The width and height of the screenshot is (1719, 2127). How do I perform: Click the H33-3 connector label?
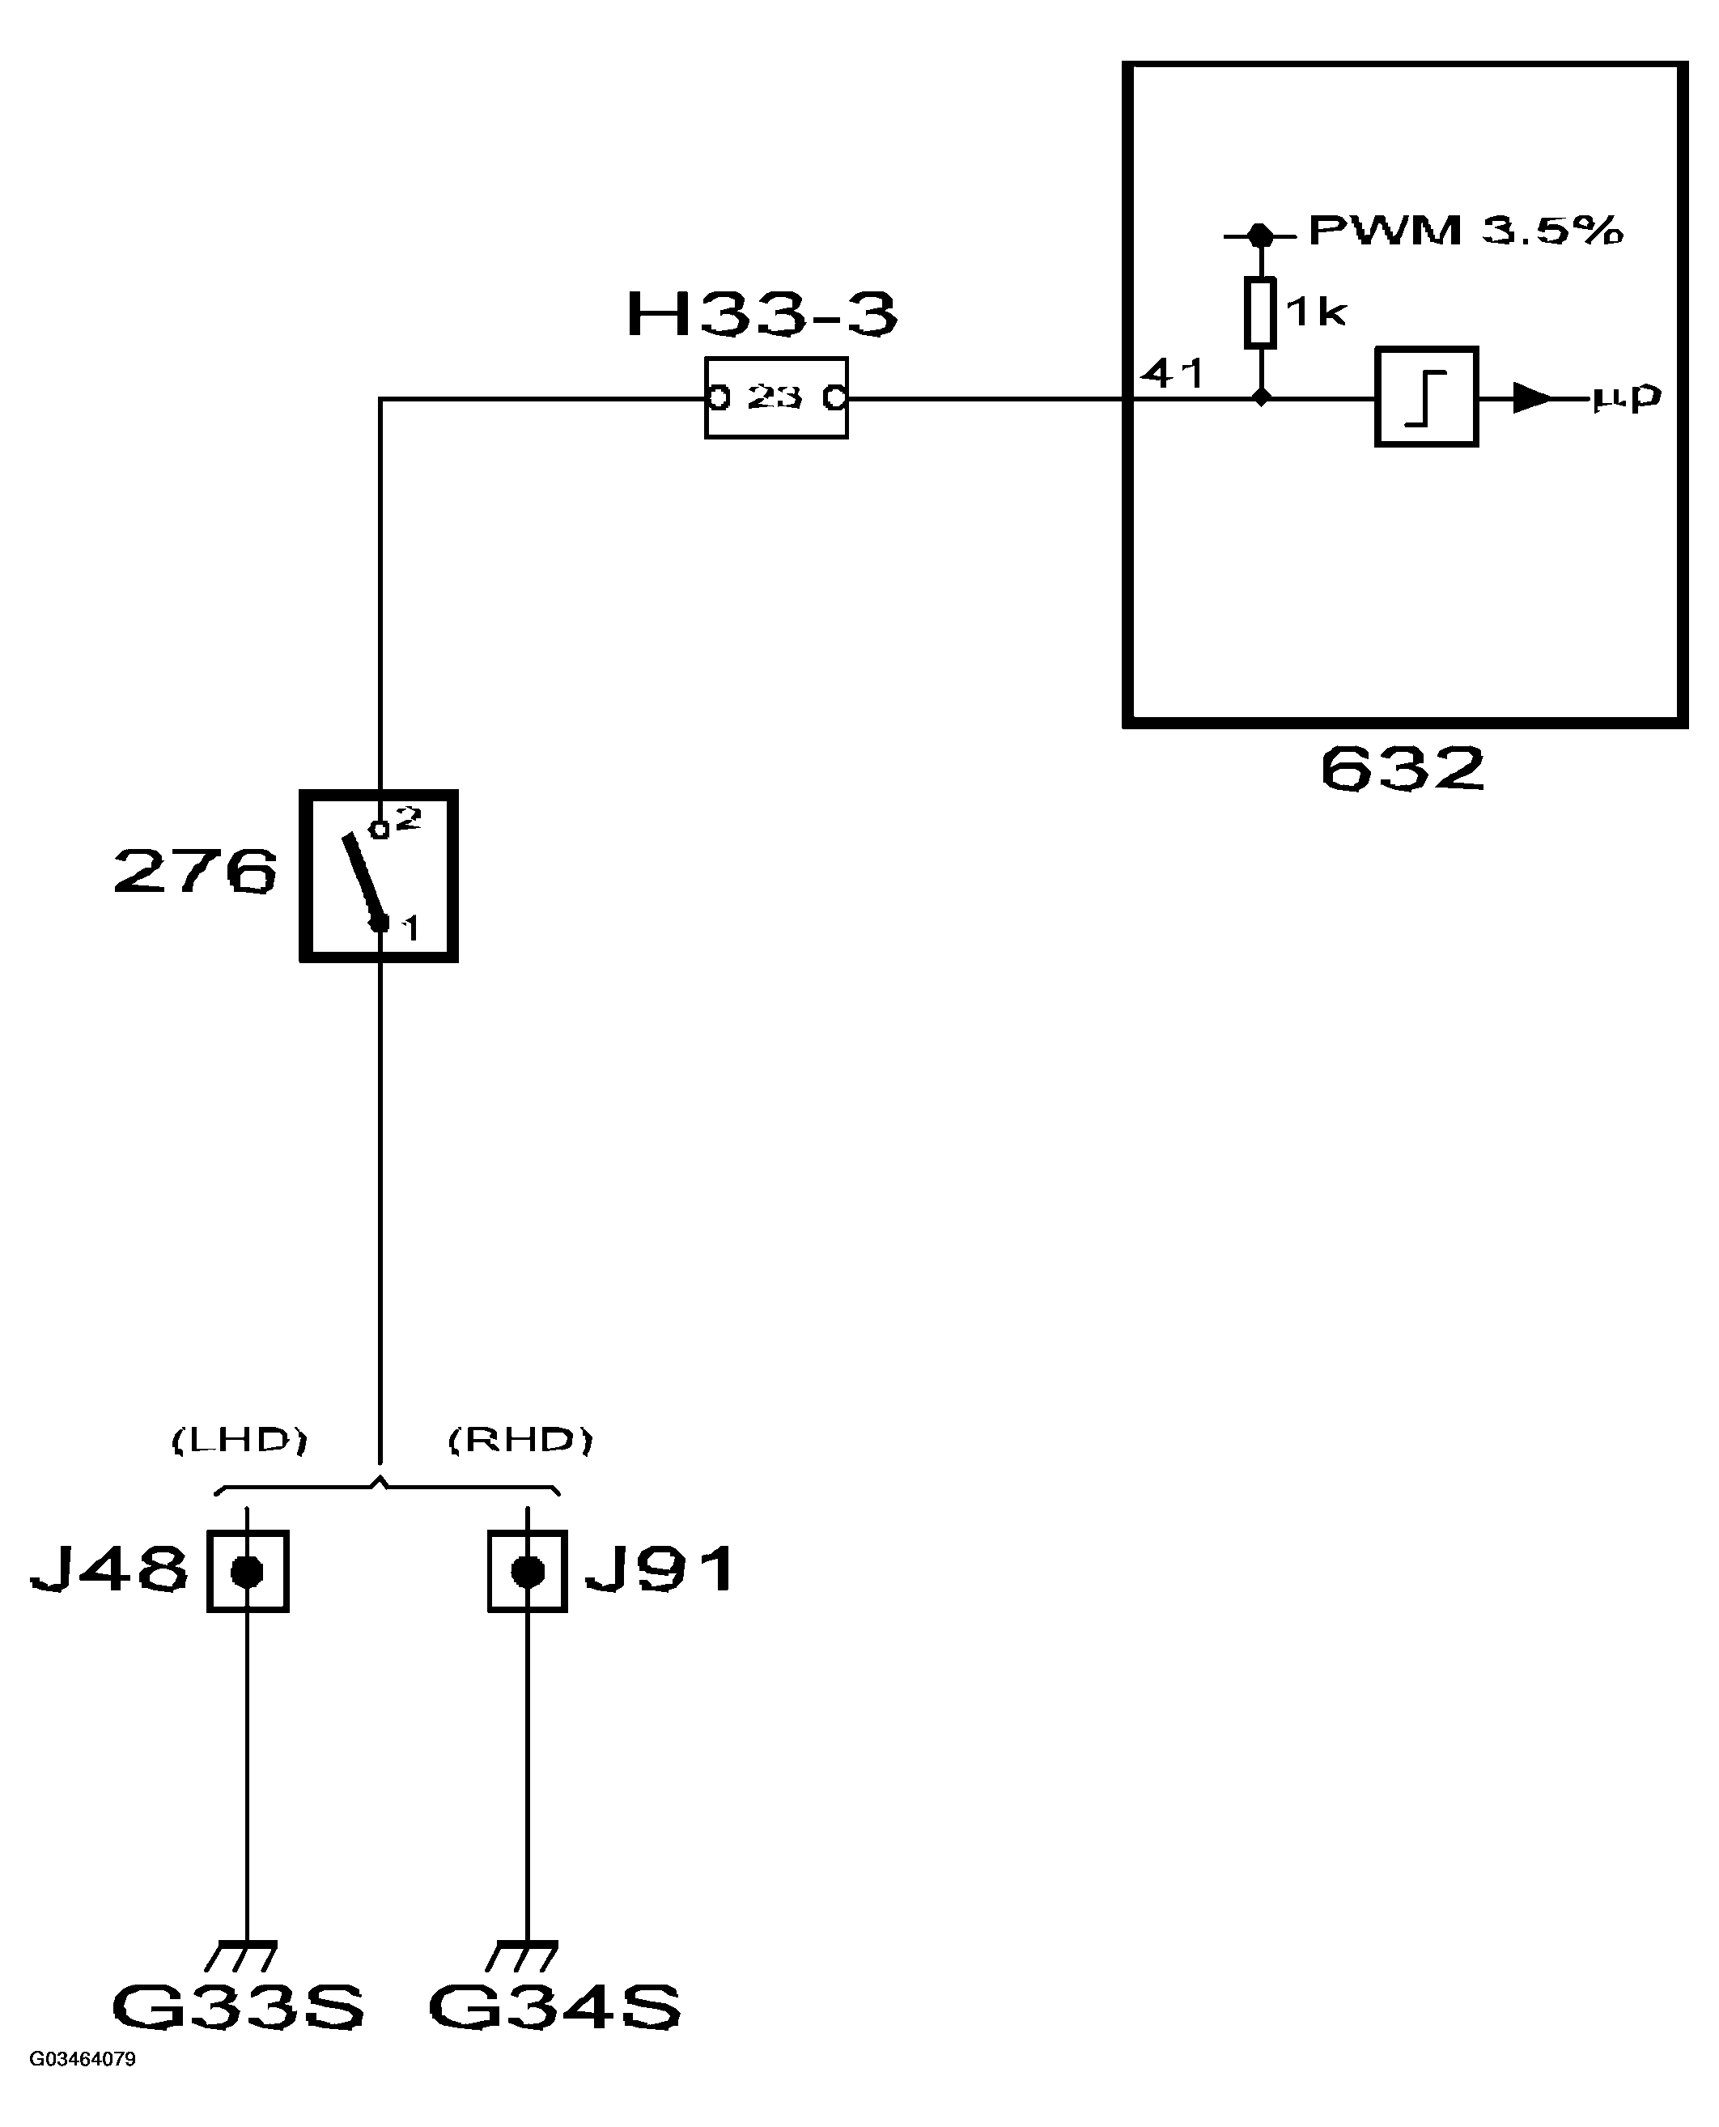click(x=762, y=315)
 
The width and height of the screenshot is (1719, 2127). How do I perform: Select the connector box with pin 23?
click(x=776, y=398)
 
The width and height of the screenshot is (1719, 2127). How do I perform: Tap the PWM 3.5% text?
click(x=1466, y=231)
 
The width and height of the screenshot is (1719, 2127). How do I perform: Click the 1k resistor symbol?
click(x=1259, y=313)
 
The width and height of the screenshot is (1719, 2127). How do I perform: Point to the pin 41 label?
click(x=1173, y=374)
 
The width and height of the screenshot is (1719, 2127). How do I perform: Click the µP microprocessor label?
click(x=1626, y=397)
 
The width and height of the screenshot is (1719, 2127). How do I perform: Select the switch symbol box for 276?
click(x=380, y=877)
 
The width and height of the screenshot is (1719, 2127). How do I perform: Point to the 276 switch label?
click(x=195, y=872)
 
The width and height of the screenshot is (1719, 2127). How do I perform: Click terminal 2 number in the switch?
click(x=410, y=818)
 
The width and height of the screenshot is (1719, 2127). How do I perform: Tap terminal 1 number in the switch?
click(x=410, y=929)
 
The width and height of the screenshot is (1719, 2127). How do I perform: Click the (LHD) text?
click(x=240, y=1441)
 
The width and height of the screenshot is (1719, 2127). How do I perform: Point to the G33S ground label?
click(x=239, y=2007)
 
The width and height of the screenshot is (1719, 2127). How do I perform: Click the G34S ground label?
click(x=554, y=2007)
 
